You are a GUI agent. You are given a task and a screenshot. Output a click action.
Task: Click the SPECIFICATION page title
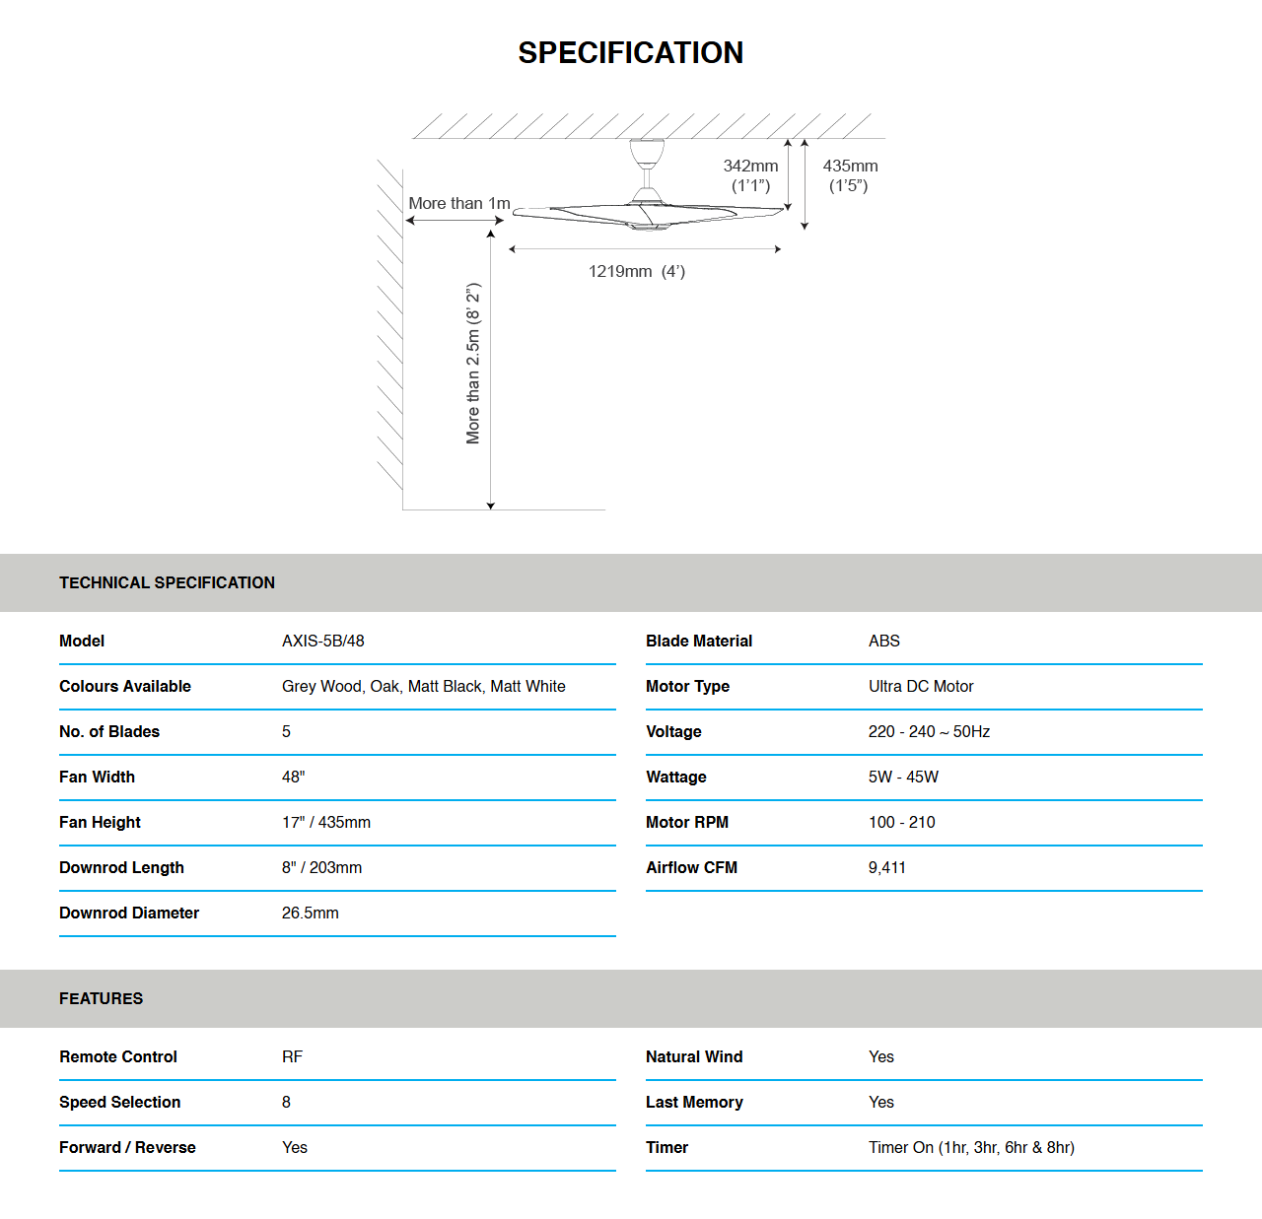click(x=630, y=52)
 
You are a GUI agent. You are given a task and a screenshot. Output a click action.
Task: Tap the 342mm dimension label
click(x=750, y=167)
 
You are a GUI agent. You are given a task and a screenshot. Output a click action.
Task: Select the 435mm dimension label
click(x=850, y=167)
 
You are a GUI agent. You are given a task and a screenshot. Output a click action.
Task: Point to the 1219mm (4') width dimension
click(x=636, y=271)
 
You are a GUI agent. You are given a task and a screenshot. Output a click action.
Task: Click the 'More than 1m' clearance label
click(x=459, y=203)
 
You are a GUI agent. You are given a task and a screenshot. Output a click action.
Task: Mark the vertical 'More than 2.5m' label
click(x=473, y=364)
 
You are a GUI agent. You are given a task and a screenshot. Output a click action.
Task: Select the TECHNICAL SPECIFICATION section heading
click(x=167, y=582)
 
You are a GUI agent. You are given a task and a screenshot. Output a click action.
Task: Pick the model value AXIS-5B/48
click(x=322, y=641)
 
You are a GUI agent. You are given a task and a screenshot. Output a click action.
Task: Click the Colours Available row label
click(x=125, y=686)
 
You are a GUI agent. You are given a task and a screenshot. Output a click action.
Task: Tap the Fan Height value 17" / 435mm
click(x=325, y=822)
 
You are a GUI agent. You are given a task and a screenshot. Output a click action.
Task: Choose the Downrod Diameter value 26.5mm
click(x=310, y=913)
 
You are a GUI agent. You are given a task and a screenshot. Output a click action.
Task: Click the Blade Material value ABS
click(x=883, y=641)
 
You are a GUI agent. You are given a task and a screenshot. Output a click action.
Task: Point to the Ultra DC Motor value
click(x=920, y=686)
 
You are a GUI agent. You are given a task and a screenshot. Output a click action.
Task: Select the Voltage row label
click(x=673, y=731)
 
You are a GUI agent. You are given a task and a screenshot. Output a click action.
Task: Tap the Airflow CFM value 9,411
click(x=886, y=867)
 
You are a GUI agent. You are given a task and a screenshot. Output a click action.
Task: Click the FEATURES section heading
click(x=101, y=998)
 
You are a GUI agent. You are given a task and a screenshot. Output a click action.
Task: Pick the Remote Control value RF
click(x=292, y=1056)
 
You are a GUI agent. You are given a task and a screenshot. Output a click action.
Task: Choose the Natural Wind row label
click(x=694, y=1056)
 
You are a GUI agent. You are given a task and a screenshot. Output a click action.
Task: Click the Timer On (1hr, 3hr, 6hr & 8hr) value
click(x=971, y=1147)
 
